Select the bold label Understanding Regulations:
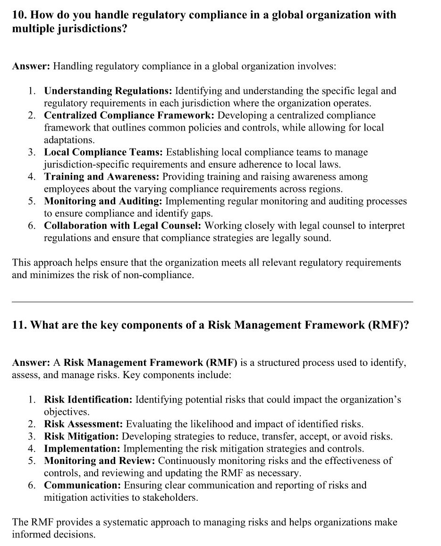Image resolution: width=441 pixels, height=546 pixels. [109, 91]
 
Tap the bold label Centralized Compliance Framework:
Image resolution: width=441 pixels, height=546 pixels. [129, 115]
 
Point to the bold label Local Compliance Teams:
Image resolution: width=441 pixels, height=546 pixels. [103, 152]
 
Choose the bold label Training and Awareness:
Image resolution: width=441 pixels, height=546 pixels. [102, 176]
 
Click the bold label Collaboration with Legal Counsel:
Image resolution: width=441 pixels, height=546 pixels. [122, 225]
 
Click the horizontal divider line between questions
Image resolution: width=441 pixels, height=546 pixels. [212, 302]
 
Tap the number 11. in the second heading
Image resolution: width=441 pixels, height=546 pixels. [19, 326]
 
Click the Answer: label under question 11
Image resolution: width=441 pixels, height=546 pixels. [31, 363]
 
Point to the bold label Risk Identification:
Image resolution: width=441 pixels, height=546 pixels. [88, 399]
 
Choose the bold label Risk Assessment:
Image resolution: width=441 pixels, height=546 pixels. [84, 424]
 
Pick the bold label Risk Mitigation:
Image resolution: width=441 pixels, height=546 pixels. [81, 436]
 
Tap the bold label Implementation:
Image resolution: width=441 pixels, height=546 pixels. [82, 448]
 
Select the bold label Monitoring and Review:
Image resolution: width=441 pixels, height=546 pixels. [100, 461]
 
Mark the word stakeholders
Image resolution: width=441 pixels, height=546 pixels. [168, 497]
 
